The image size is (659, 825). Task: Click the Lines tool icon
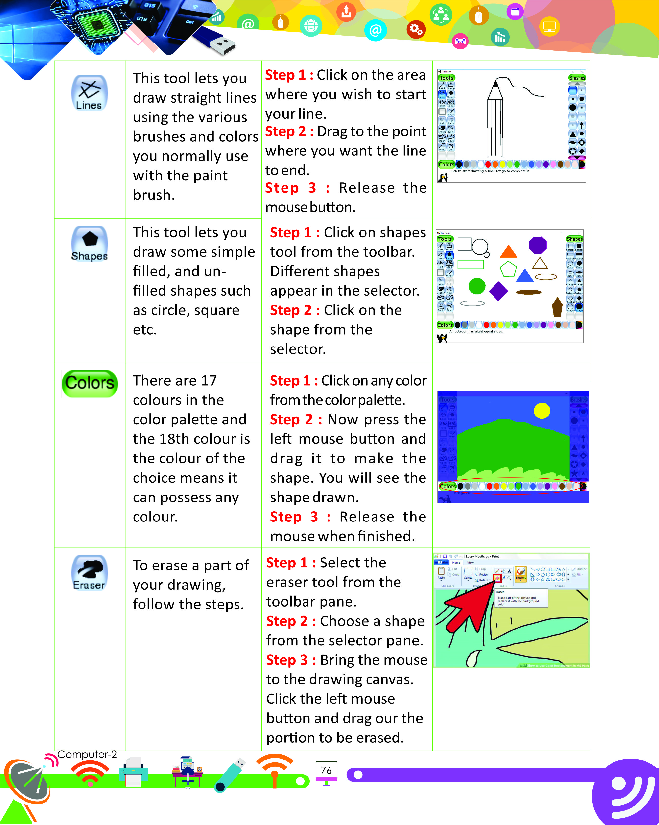pyautogui.click(x=89, y=93)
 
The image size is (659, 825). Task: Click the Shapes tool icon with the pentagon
pyautogui.click(x=89, y=244)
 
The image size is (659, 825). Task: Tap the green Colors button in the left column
pyautogui.click(x=90, y=383)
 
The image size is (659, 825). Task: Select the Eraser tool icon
pyautogui.click(x=89, y=573)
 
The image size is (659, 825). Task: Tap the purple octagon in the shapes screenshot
pyautogui.click(x=538, y=245)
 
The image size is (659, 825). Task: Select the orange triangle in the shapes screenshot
pyautogui.click(x=509, y=252)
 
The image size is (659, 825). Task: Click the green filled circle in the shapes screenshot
pyautogui.click(x=477, y=286)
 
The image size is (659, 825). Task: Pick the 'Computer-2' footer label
pyautogui.click(x=87, y=754)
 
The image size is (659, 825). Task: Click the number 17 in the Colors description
pyautogui.click(x=209, y=381)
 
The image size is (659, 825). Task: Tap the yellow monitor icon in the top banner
pyautogui.click(x=549, y=27)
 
